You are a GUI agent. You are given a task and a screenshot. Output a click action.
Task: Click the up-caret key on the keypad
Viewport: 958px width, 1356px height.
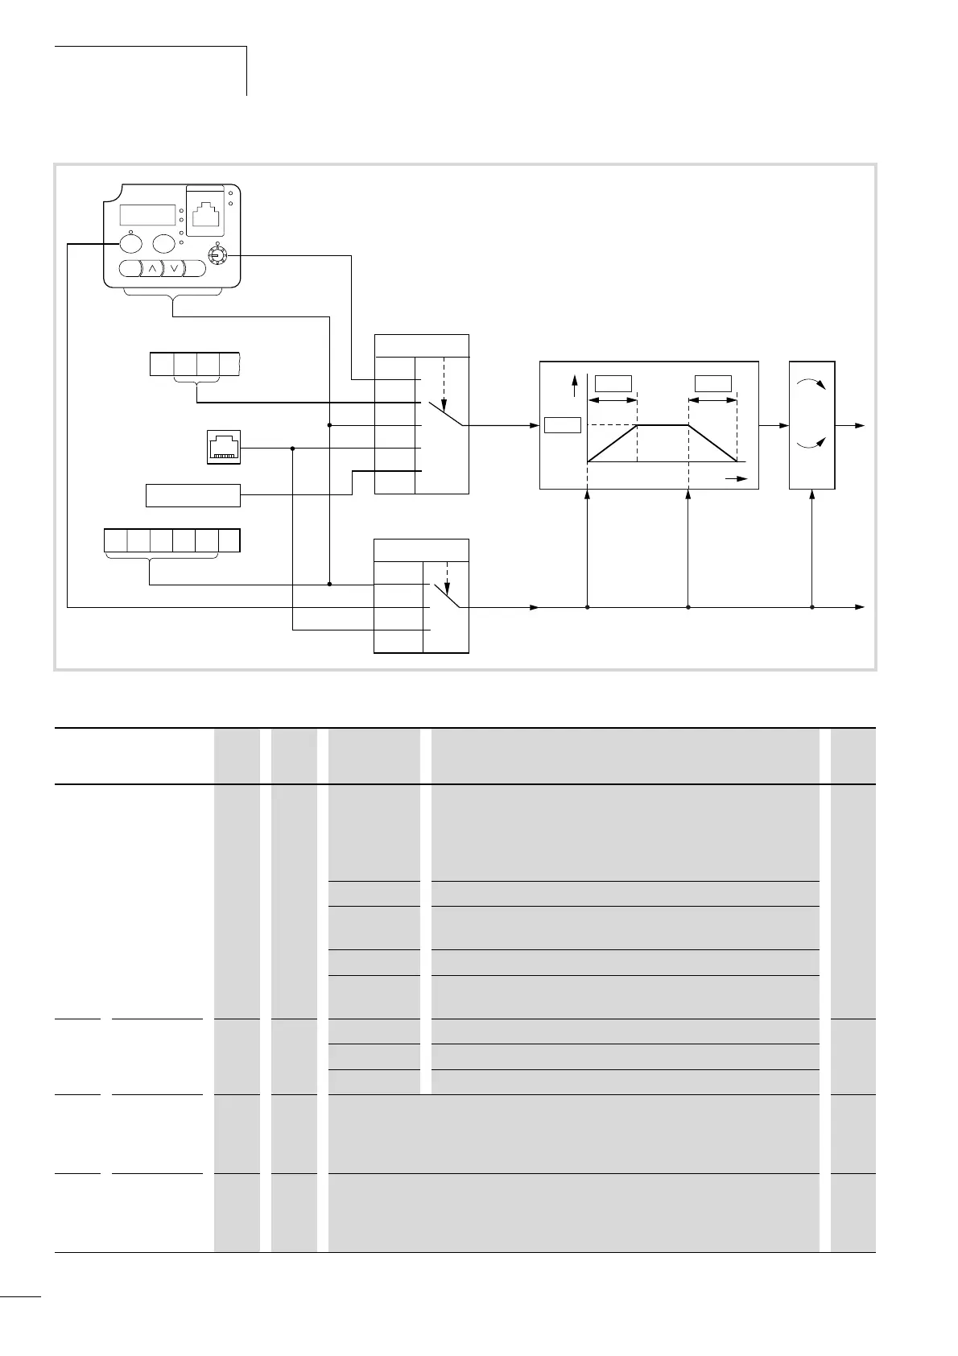pos(152,268)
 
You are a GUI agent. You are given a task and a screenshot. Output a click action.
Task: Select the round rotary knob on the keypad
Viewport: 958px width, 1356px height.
pos(214,255)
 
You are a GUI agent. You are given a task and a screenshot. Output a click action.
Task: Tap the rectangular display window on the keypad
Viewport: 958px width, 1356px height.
pos(148,215)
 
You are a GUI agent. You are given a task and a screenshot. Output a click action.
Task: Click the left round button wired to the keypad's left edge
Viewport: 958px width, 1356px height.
pos(130,243)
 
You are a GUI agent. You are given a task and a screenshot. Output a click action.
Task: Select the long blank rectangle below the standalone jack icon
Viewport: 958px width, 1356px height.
pos(193,495)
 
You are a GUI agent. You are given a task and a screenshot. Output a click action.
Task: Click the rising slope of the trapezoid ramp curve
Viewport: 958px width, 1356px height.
pos(613,443)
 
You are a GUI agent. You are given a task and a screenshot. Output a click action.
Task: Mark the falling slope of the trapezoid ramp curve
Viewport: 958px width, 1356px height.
pos(712,443)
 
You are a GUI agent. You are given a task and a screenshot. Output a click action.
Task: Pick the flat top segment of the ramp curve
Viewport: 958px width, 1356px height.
pos(663,424)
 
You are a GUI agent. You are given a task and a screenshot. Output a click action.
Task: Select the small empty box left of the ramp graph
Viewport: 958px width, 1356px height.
pos(563,424)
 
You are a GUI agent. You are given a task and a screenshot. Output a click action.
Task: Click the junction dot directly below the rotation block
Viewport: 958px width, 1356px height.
pos(811,606)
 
